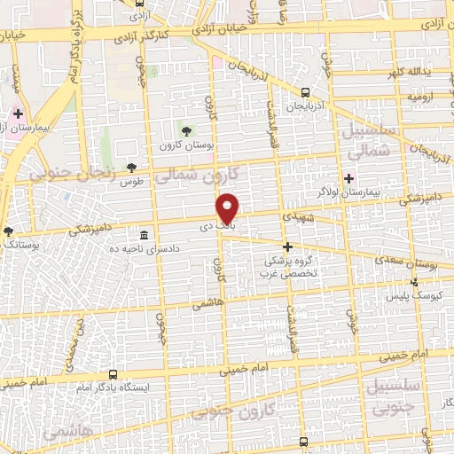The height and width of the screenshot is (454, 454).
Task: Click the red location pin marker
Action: tap(229, 207)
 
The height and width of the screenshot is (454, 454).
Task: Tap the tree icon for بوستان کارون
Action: tap(184, 132)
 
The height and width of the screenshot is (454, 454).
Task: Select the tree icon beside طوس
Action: tap(132, 167)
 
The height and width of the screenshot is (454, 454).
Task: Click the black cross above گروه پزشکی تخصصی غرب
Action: tap(287, 247)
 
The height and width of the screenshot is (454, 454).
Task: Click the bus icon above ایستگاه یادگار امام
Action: tap(112, 375)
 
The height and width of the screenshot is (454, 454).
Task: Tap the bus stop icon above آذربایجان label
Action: tap(305, 92)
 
